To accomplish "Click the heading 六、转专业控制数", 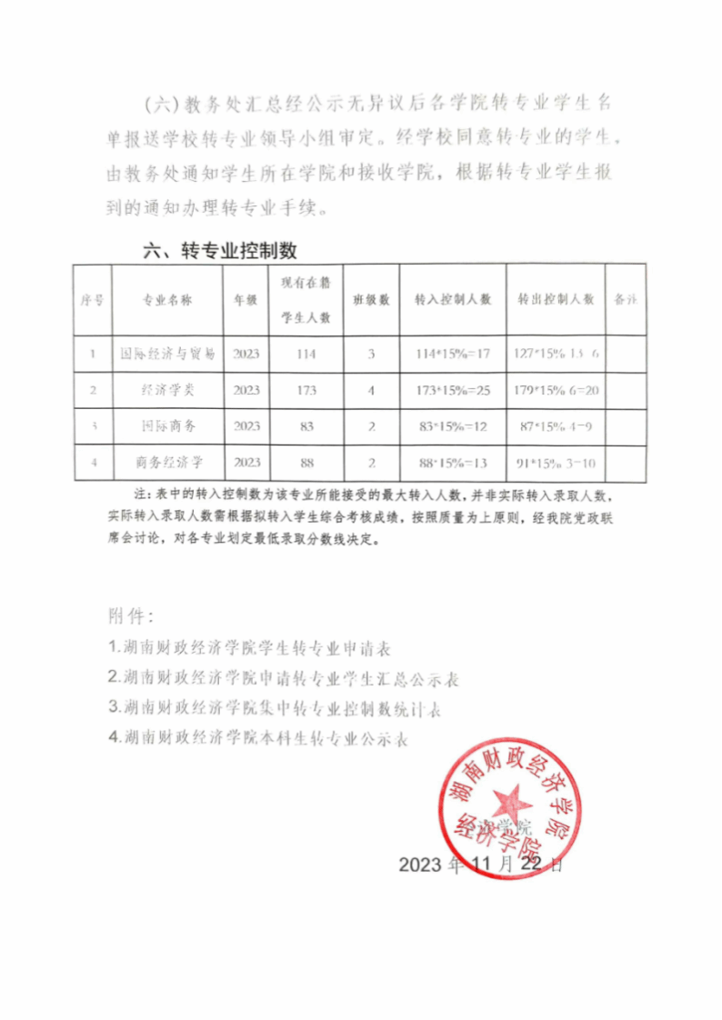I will coord(220,251).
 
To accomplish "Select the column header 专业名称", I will coord(167,299).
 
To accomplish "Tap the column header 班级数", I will coord(371,299).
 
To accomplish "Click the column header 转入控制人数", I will coord(453,299).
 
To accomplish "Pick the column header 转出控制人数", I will coord(556,299).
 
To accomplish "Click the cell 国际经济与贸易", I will coord(168,354).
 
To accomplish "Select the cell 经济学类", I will coord(168,390).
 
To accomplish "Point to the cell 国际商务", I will coord(168,426).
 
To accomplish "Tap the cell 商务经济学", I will coord(168,463).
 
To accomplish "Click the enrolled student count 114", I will coord(306,354).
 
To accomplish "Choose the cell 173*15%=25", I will coord(453,390).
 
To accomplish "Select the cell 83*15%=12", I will coord(453,426).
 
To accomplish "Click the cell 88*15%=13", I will coord(453,463).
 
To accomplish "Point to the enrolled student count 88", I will coord(306,463).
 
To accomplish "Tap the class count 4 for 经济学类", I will coord(371,390).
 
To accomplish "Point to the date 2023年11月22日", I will coord(481,865).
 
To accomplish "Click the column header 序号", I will coord(92,299).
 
